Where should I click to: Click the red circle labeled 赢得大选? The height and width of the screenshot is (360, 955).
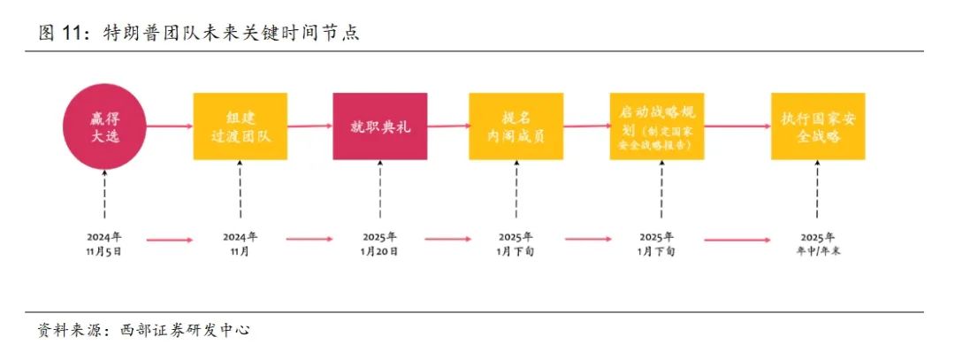[x=103, y=126]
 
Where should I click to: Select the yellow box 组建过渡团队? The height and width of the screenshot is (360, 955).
[x=240, y=126]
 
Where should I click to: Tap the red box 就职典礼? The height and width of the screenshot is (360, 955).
[x=379, y=126]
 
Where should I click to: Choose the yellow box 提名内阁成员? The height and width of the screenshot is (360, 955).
[x=516, y=126]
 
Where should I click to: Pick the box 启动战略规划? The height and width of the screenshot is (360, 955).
[x=656, y=126]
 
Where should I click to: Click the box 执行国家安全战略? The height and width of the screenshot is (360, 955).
[x=816, y=126]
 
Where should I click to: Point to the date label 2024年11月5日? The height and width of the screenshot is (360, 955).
[x=103, y=243]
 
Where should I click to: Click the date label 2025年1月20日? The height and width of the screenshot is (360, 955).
[x=379, y=243]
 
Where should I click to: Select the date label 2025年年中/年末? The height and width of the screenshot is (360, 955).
[x=816, y=243]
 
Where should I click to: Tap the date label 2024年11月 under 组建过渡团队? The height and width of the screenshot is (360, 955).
[x=240, y=243]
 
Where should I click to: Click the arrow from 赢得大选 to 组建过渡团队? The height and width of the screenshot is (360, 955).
[x=170, y=126]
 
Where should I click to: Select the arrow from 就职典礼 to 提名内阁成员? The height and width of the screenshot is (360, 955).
[x=447, y=126]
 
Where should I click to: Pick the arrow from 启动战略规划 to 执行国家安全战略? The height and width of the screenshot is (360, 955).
[x=737, y=126]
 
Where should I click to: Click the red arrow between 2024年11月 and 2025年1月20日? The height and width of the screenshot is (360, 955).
[x=309, y=239]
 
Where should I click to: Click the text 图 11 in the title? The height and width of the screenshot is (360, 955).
[x=59, y=34]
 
